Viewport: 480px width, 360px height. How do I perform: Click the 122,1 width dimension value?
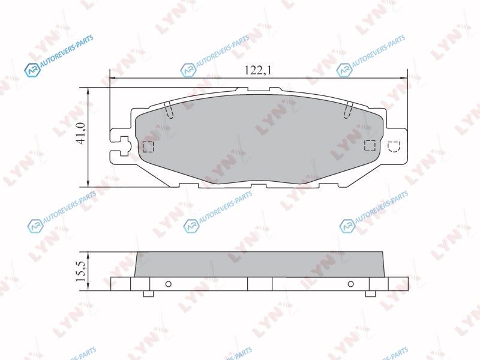258,71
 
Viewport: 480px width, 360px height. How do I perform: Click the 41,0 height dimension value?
80,133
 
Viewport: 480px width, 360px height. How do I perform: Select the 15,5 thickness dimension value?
81,271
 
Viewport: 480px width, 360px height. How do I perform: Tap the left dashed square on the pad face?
148,146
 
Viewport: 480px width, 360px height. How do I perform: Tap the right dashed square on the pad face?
370,145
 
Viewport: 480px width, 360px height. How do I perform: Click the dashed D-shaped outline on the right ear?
394,146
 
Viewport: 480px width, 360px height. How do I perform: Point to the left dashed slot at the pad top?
169,110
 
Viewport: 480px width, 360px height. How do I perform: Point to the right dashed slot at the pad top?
349,110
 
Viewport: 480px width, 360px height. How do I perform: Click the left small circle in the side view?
168,284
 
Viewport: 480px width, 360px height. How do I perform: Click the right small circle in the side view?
351,284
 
